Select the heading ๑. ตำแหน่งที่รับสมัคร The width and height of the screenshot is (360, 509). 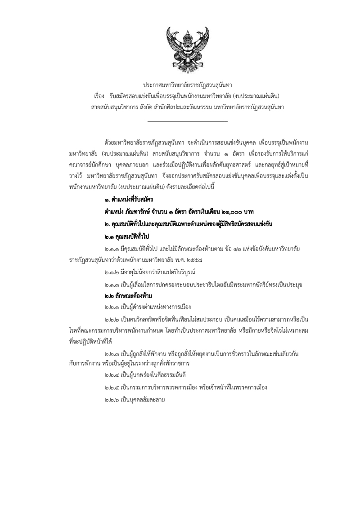[x=128, y=199]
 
